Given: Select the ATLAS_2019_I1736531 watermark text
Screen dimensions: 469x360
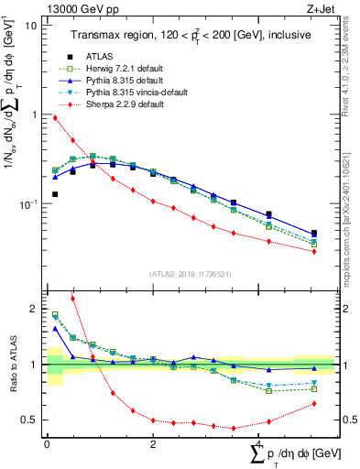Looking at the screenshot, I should click(x=190, y=275).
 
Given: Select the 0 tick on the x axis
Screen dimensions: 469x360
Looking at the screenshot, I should click(x=47, y=443).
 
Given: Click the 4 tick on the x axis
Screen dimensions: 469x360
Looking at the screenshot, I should click(x=259, y=443).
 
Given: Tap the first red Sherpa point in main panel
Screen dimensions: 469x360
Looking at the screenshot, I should click(x=55, y=117).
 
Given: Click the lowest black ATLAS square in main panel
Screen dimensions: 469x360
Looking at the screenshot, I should click(x=55, y=194).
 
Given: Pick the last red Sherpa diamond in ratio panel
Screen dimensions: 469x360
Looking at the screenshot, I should click(x=314, y=403).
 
